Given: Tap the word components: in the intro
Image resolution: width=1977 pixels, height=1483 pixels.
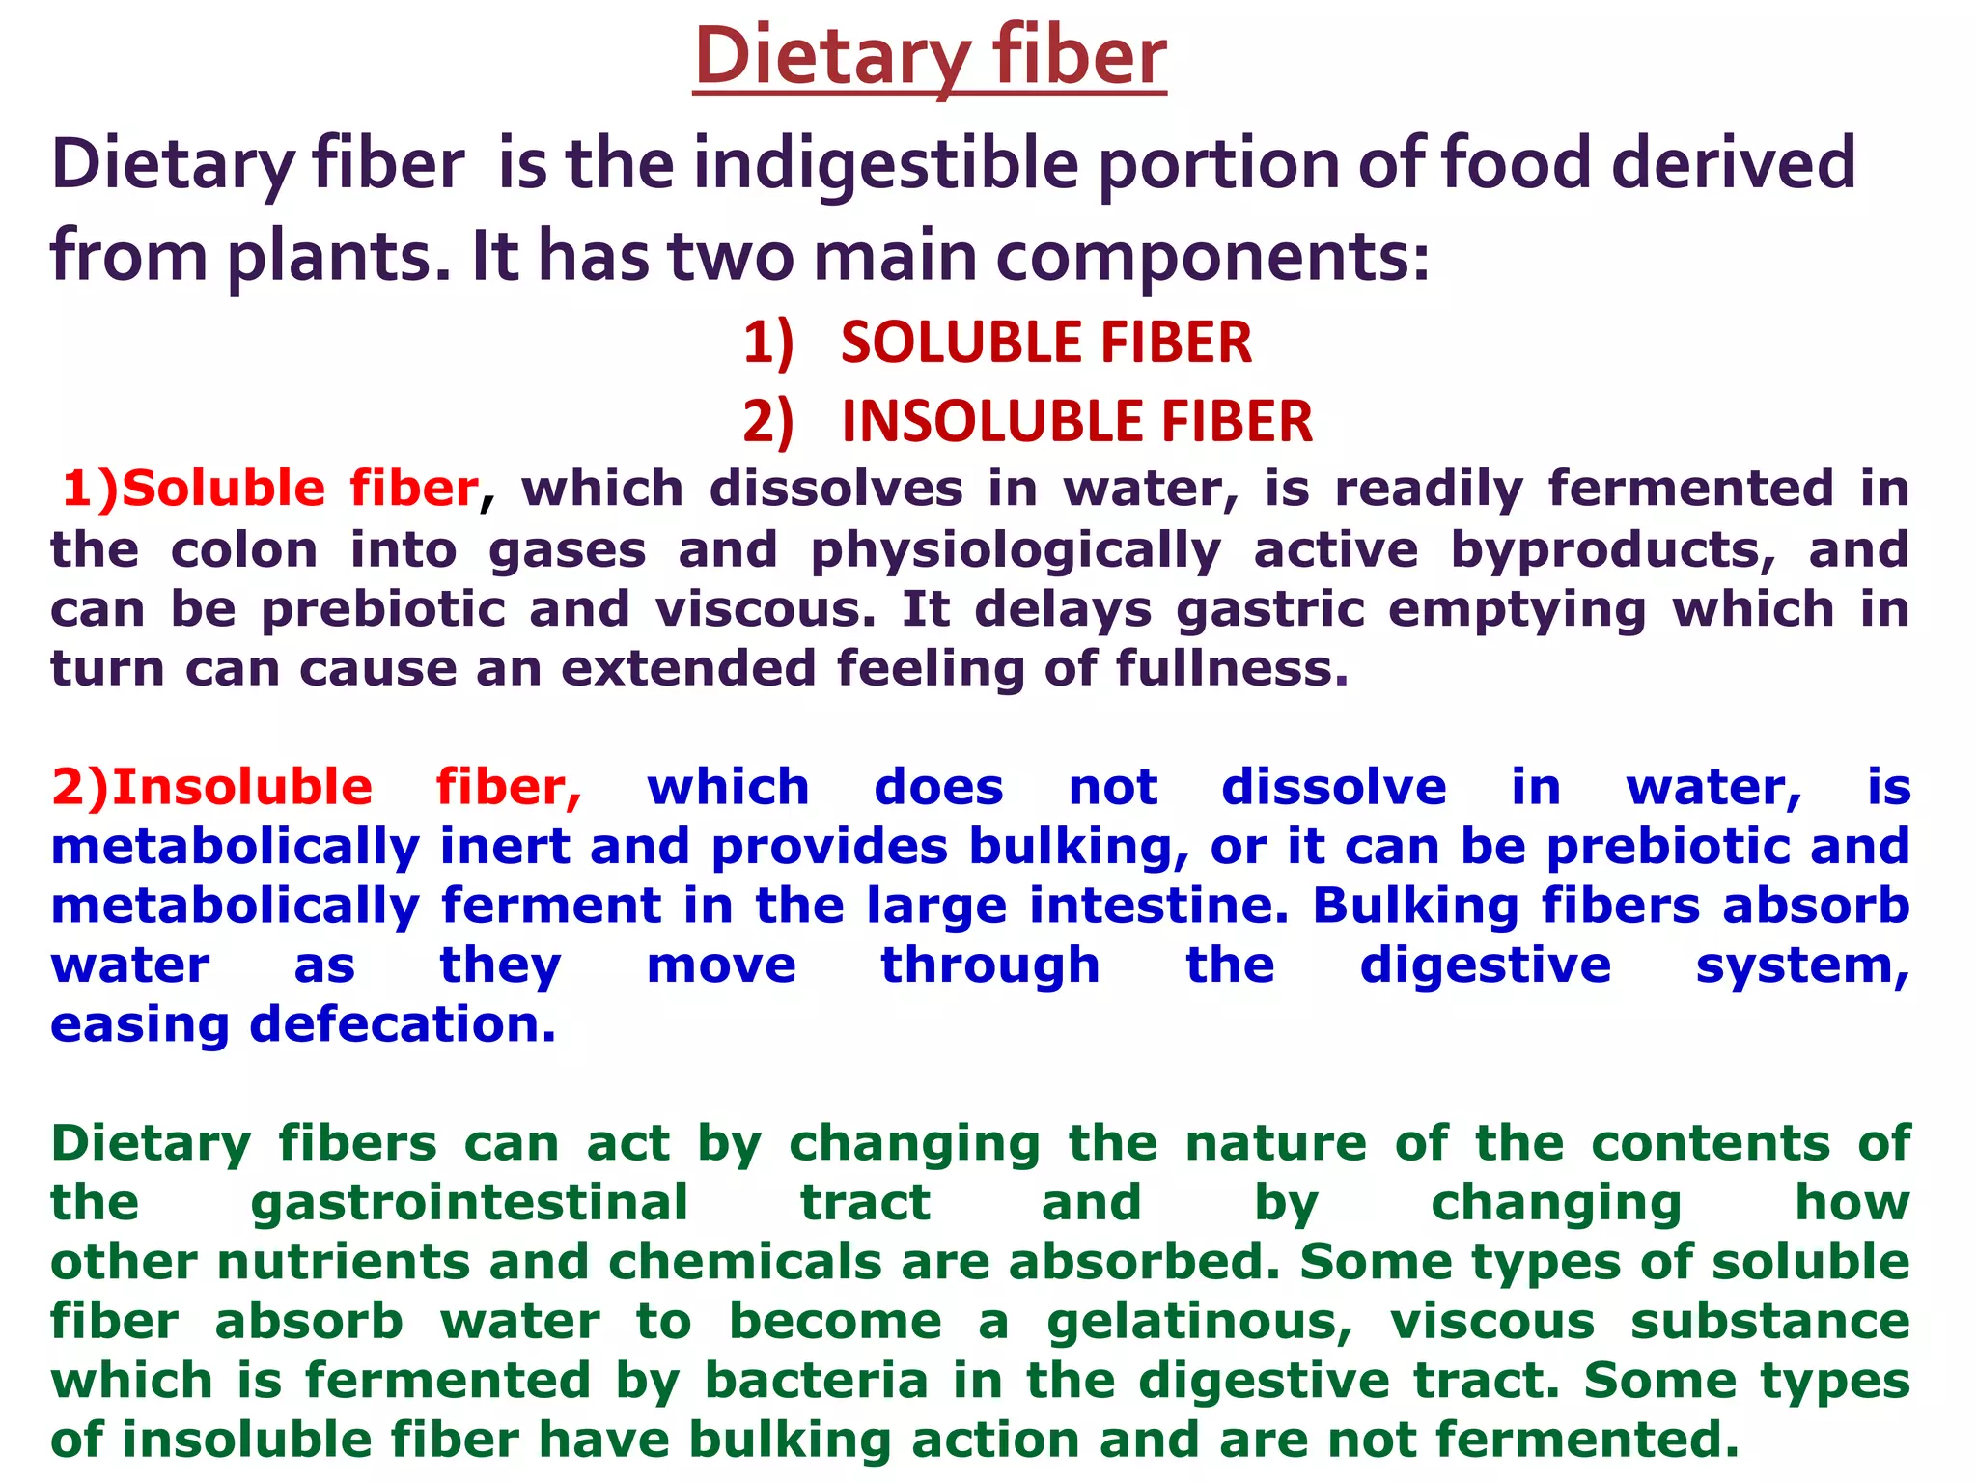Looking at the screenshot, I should pos(1212,257).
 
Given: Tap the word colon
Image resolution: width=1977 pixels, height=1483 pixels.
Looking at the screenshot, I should pos(244,550).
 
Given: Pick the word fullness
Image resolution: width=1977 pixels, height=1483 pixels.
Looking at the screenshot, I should pos(1232,668).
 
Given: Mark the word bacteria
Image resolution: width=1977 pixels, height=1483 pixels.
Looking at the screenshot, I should pos(817,1381).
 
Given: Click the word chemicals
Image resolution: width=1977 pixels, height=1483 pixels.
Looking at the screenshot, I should pos(745,1263).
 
